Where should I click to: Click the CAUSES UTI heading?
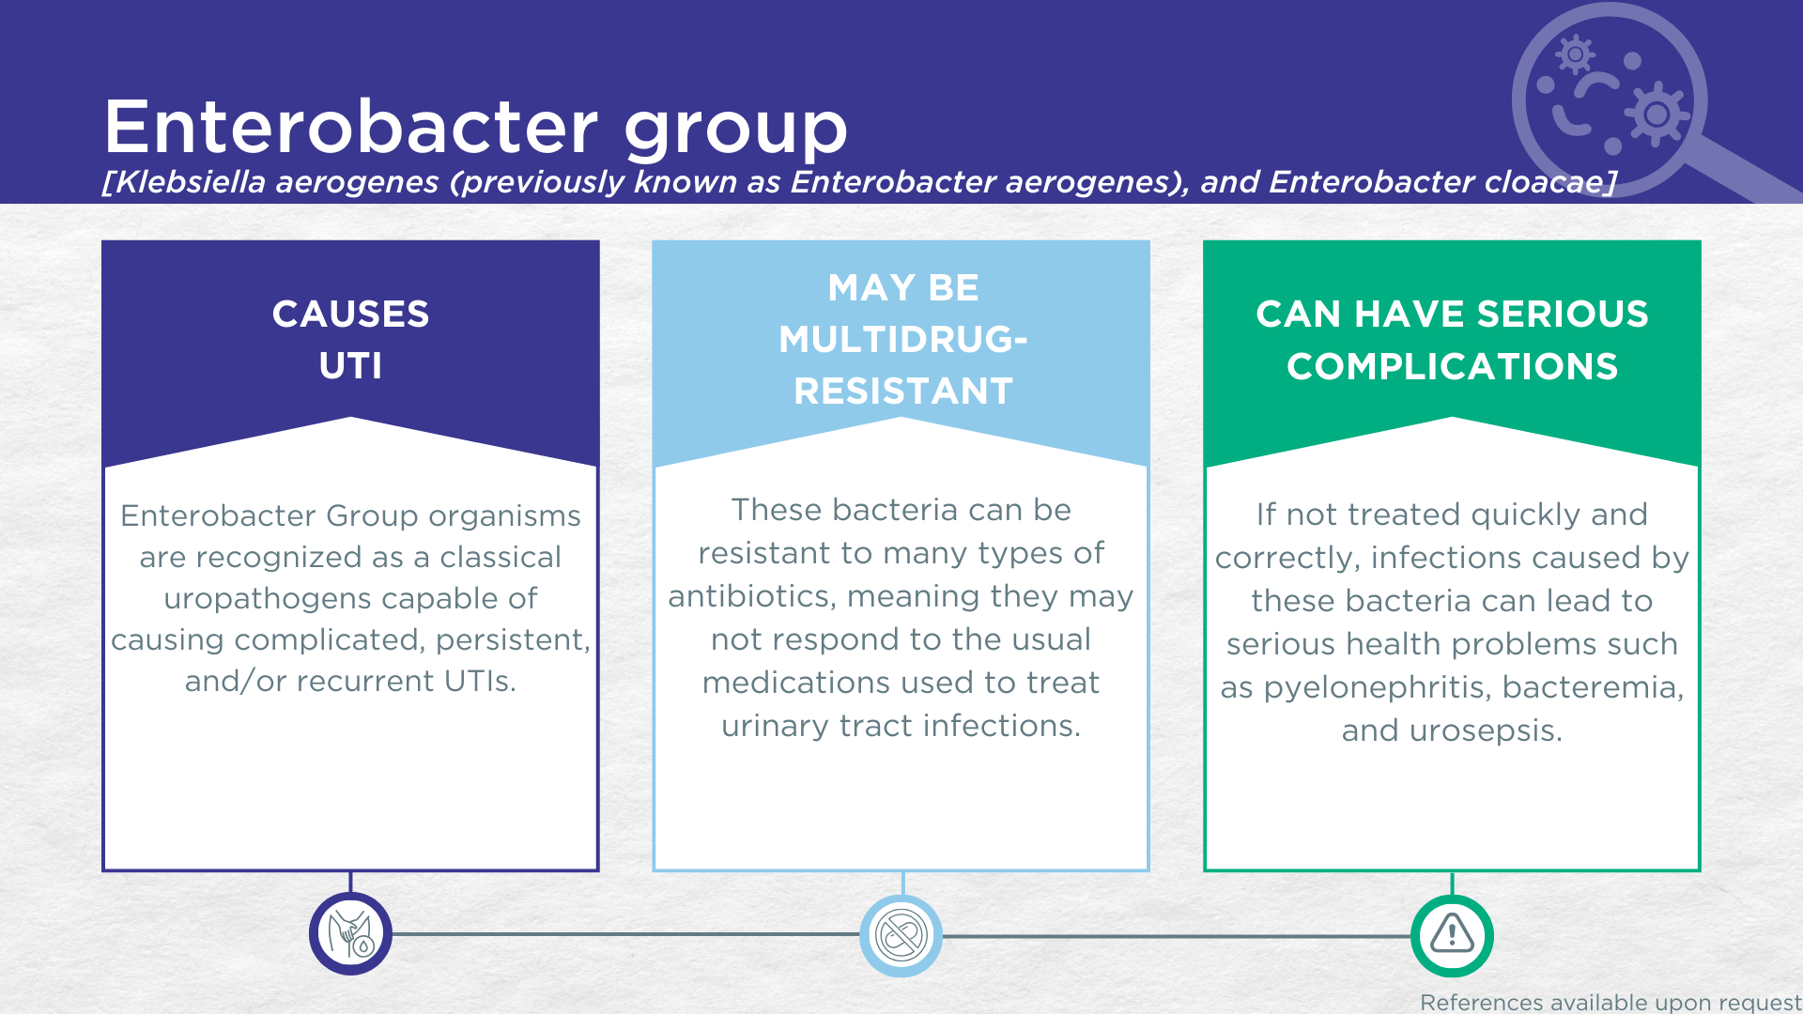point(350,339)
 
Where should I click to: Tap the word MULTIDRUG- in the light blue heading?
point(902,339)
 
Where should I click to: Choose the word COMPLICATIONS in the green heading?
point(1452,366)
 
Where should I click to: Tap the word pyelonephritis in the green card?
point(1375,688)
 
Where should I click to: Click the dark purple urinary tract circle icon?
point(350,934)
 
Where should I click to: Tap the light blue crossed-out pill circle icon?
point(901,935)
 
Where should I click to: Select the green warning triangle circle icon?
point(1452,935)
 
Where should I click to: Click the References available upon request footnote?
point(1610,1002)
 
